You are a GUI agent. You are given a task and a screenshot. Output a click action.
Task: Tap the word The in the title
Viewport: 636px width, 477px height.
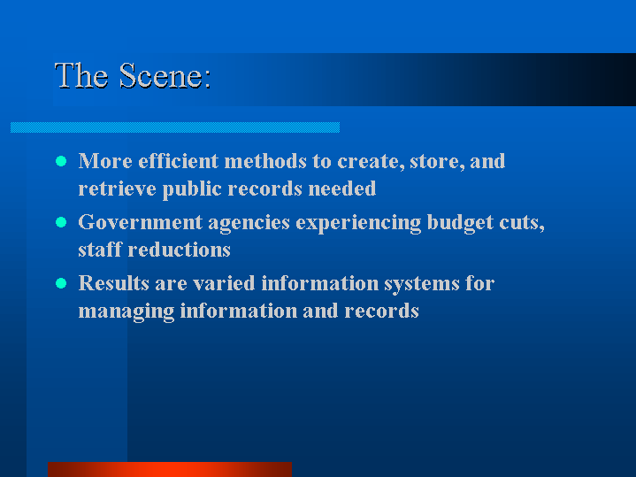pyautogui.click(x=81, y=76)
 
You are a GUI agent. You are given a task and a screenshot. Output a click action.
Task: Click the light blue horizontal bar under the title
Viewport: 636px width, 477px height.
pyautogui.click(x=175, y=127)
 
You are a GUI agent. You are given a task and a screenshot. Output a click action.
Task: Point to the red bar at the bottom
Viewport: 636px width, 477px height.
pyautogui.click(x=170, y=469)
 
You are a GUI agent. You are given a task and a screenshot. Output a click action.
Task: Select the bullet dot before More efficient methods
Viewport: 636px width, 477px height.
pyautogui.click(x=61, y=161)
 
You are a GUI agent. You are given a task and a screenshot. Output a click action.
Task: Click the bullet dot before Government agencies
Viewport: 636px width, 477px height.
pyautogui.click(x=61, y=222)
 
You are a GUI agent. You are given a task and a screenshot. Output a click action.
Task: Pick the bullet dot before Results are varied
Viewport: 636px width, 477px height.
pyautogui.click(x=61, y=283)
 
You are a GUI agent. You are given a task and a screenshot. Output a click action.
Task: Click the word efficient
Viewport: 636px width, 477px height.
pyautogui.click(x=179, y=161)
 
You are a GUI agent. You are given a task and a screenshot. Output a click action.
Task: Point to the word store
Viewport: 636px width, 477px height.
pyautogui.click(x=437, y=162)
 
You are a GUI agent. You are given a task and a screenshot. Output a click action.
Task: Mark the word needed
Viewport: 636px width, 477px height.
pyautogui.click(x=342, y=188)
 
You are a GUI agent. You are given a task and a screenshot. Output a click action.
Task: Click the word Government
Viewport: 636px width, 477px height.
pyautogui.click(x=141, y=222)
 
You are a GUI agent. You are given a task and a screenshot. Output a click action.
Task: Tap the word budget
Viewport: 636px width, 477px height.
pyautogui.click(x=460, y=223)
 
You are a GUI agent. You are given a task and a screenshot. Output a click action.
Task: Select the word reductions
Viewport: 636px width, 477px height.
pyautogui.click(x=180, y=250)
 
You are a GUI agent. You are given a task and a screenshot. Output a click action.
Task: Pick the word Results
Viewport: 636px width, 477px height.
pyautogui.click(x=113, y=283)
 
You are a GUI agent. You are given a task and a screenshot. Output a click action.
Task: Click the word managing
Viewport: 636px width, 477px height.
pyautogui.click(x=126, y=312)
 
